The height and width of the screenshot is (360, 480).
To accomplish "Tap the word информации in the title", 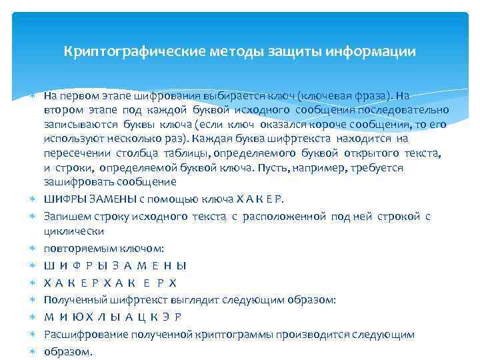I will click(x=378, y=51).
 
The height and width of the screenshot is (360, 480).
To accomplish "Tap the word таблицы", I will click(x=177, y=153).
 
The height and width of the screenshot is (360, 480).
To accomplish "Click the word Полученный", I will click(x=72, y=300).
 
